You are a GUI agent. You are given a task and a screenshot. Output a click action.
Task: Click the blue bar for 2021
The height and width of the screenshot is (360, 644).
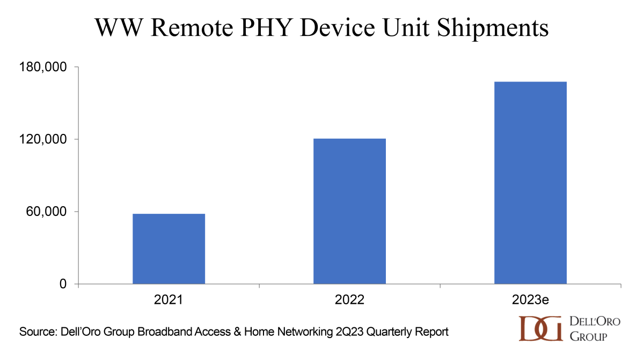click(169, 249)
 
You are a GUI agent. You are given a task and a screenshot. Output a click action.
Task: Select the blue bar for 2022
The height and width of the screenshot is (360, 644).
click(349, 211)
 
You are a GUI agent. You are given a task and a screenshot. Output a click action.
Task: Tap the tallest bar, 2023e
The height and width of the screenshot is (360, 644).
click(530, 183)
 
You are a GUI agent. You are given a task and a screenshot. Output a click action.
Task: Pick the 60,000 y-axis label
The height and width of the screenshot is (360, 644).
click(49, 212)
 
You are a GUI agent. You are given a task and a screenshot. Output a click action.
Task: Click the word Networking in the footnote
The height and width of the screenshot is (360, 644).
click(291, 332)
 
